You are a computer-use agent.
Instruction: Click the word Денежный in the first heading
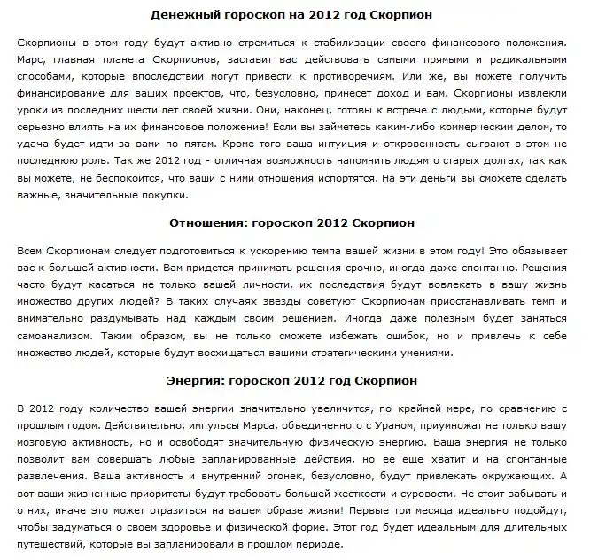tap(183, 16)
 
